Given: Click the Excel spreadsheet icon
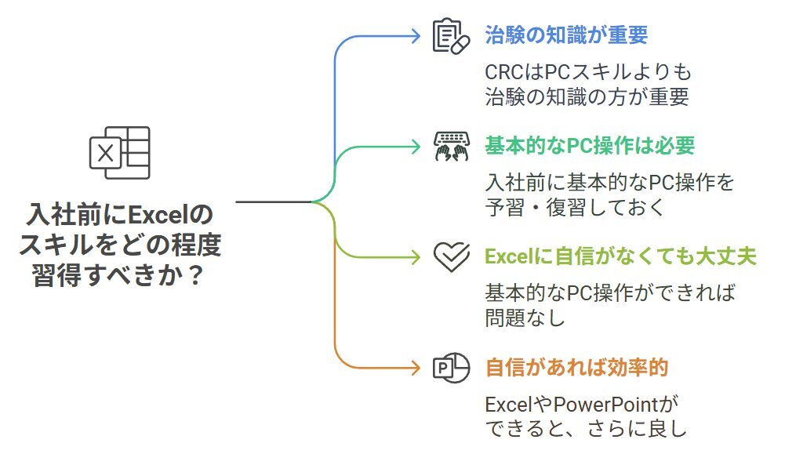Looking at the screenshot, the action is pyautogui.click(x=120, y=153).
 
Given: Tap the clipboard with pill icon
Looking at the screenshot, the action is pyautogui.click(x=451, y=36).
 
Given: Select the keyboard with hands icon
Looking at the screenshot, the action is pyautogui.click(x=451, y=146).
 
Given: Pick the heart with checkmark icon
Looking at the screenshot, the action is pyautogui.click(x=452, y=256).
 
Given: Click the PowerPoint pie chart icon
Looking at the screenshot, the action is pyautogui.click(x=451, y=368).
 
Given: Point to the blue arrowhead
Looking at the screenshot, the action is pyautogui.click(x=416, y=36).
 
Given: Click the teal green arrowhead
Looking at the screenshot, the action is pyautogui.click(x=416, y=147).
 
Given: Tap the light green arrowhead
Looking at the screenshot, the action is pyautogui.click(x=416, y=257).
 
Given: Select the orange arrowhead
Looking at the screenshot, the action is pyautogui.click(x=416, y=368).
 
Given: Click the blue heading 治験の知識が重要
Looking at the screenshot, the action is pyautogui.click(x=566, y=35).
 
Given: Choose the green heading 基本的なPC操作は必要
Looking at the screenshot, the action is pyautogui.click(x=590, y=146).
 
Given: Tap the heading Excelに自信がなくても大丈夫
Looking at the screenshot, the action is pyautogui.click(x=620, y=256).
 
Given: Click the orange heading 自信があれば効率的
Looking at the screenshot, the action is pyautogui.click(x=576, y=368).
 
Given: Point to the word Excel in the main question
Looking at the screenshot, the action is pyautogui.click(x=158, y=215).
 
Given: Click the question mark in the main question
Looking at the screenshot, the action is pyautogui.click(x=197, y=275).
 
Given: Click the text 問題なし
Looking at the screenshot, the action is pyautogui.click(x=525, y=318).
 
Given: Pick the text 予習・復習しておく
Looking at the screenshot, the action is pyautogui.click(x=575, y=207).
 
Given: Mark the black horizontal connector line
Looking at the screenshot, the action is pyautogui.click(x=274, y=202).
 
